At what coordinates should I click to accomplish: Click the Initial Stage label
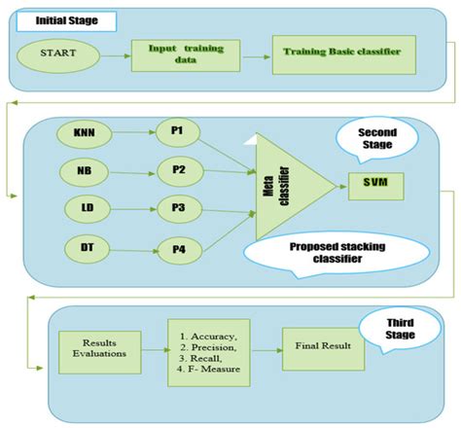click(63, 19)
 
